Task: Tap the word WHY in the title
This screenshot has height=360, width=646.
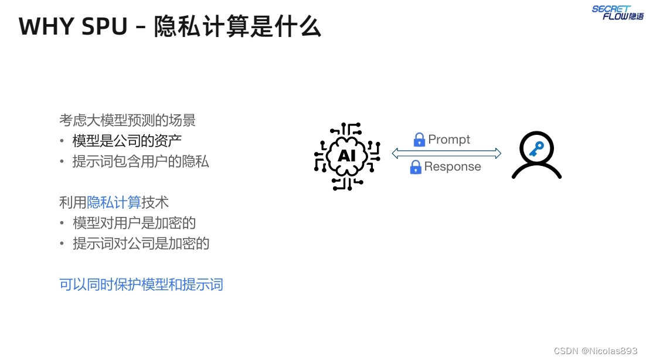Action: [44, 27]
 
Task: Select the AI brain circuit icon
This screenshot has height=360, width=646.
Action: [346, 156]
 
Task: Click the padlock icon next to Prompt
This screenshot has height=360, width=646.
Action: [419, 140]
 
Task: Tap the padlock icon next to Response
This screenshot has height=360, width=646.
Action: [416, 167]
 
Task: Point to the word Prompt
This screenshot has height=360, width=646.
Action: [449, 140]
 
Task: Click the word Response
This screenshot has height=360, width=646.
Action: [453, 167]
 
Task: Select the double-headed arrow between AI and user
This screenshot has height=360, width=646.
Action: [446, 154]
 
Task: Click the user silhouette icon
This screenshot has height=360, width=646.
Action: [536, 155]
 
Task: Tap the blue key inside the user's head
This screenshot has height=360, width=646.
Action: [536, 148]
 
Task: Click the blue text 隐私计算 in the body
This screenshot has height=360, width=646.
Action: [114, 202]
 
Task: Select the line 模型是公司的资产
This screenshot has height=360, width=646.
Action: [127, 141]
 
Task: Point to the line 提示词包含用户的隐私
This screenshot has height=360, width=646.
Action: [141, 161]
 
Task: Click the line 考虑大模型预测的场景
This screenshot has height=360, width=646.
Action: [127, 120]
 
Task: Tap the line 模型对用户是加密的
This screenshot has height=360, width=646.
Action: [134, 223]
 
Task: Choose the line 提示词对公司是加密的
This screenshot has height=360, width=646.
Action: [141, 243]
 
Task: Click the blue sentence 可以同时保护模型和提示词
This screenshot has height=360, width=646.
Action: [141, 285]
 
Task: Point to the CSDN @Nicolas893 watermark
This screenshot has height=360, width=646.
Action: [595, 351]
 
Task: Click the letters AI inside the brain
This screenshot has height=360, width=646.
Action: [346, 157]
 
